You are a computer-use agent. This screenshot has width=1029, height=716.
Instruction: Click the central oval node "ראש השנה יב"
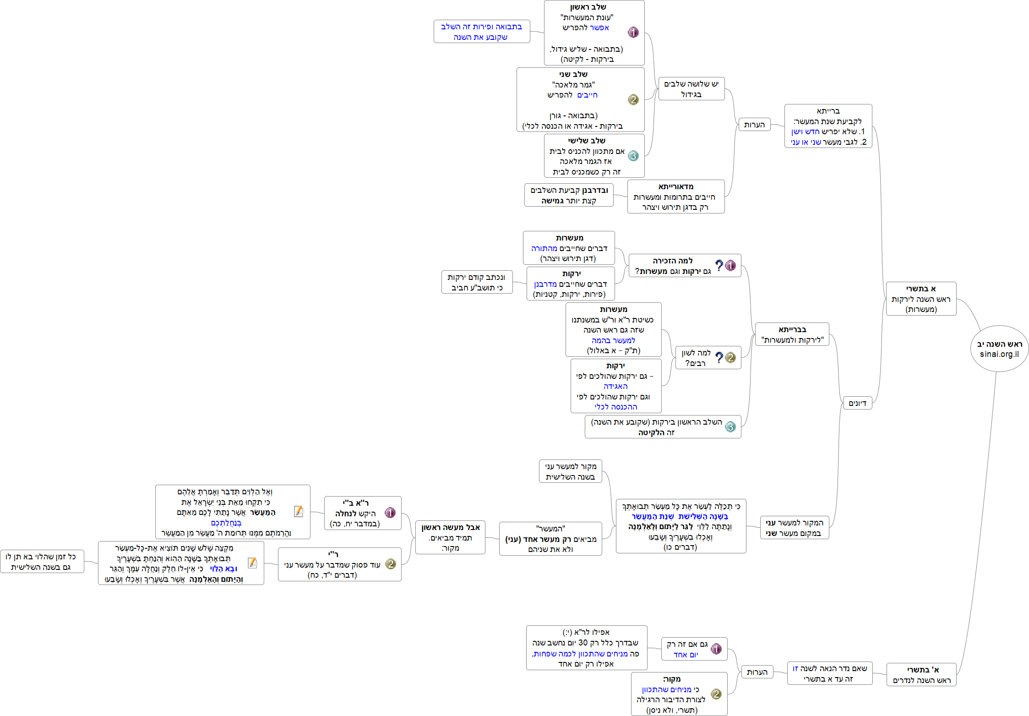(999, 348)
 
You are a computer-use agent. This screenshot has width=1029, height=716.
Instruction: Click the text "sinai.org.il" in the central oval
(999, 354)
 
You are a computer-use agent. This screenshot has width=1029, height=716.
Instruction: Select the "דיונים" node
(857, 403)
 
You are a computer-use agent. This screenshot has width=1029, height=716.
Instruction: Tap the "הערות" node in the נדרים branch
(757, 672)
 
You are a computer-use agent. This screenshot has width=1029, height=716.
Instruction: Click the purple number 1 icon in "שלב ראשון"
(633, 32)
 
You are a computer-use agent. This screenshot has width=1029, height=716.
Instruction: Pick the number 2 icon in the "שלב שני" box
(633, 99)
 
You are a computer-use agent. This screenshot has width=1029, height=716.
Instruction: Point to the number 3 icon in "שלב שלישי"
(633, 156)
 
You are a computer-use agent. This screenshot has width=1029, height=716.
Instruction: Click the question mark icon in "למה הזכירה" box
(719, 265)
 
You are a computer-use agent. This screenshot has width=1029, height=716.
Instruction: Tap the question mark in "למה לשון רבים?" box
(719, 357)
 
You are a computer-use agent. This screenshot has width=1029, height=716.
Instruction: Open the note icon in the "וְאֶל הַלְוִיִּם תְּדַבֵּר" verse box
(299, 511)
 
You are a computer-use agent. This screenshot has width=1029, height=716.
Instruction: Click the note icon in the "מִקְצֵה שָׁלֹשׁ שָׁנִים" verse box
(252, 563)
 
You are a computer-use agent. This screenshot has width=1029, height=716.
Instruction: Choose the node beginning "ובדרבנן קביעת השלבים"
(569, 196)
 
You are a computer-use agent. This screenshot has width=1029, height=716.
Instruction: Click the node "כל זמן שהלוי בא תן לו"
(42, 562)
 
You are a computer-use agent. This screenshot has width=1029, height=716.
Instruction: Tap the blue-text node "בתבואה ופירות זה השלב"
(481, 32)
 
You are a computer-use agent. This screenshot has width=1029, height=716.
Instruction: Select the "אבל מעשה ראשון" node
(450, 537)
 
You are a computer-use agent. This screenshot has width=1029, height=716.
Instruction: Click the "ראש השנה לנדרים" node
(921, 675)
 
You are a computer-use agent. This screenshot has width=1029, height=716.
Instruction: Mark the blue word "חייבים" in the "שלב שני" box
(587, 95)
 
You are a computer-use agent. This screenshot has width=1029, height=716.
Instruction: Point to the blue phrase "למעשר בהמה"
(613, 340)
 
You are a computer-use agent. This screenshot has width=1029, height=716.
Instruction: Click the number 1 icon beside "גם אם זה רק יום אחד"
(716, 649)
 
